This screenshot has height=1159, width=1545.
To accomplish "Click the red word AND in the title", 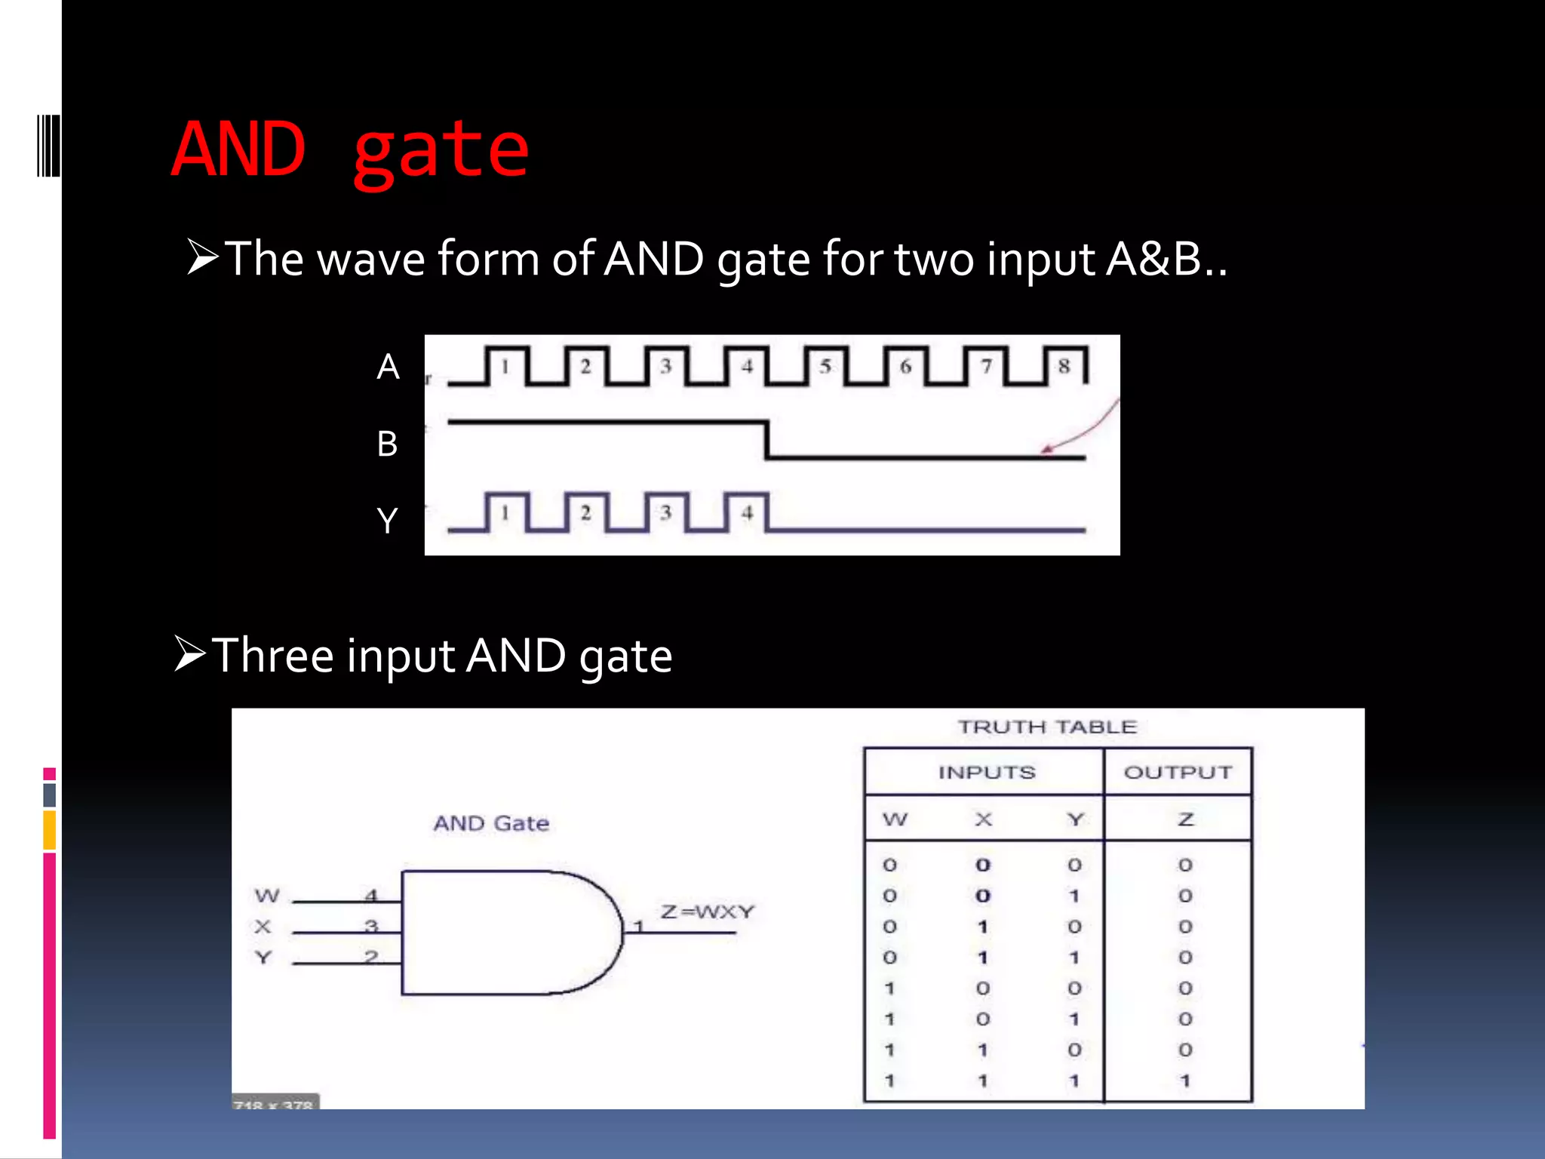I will pos(238,149).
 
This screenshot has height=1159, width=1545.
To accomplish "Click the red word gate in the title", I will pos(441,152).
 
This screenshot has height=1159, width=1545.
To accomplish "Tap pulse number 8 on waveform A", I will pos(1064,367).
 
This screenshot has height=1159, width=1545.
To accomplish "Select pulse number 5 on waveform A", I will pos(825,367).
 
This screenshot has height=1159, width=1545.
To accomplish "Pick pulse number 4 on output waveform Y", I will pos(747,513).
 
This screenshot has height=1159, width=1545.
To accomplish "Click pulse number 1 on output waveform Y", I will pos(505,513).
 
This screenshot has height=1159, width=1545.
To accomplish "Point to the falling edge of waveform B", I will pos(767,440).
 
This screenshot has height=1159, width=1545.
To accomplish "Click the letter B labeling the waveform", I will pos(387,444).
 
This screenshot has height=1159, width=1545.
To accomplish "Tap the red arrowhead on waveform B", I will pos(1047,450).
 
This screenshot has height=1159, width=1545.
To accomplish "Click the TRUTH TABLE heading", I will pos(1047,727).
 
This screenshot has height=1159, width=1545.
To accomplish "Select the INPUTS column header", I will pos(986,772).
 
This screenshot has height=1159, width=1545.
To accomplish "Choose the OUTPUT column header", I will pos(1178,772).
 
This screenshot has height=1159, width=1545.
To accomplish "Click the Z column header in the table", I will pos(1185,819).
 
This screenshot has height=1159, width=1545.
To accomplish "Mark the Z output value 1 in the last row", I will pos(1185,1081).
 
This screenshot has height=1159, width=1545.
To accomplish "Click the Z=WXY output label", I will pos(707,912).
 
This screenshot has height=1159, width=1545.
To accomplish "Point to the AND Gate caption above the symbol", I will pos(491,823).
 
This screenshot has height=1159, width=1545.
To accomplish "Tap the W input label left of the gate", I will pos(267,896).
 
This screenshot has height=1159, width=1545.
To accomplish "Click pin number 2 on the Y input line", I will pos(370,957).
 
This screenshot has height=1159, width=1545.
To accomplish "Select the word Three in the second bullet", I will pos(272,655).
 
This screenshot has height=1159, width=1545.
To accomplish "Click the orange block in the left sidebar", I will pos(50,830).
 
